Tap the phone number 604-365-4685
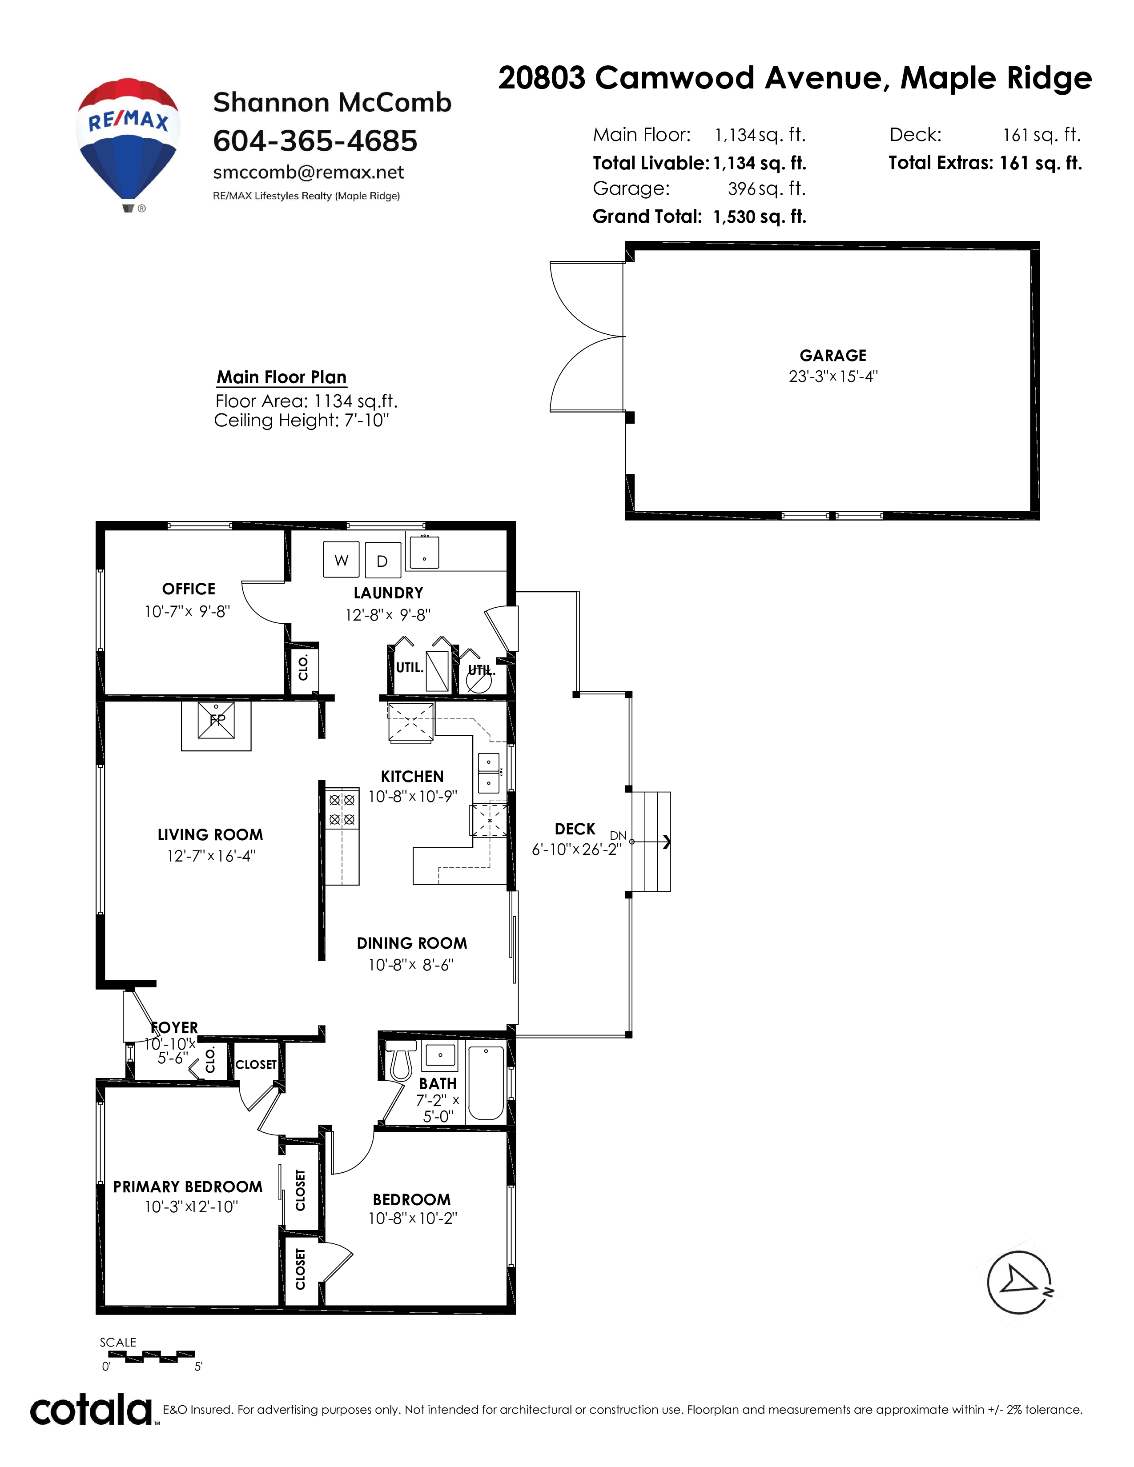click(315, 141)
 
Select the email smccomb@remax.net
click(308, 172)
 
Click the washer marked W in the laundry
click(341, 560)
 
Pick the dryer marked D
click(382, 560)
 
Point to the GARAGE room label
click(833, 355)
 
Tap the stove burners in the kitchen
click(341, 810)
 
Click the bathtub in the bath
click(486, 1083)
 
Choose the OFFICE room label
click(189, 589)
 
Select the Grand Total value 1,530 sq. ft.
click(760, 217)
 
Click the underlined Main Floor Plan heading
click(281, 377)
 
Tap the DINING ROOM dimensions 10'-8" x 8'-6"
click(411, 965)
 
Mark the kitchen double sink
click(488, 773)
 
